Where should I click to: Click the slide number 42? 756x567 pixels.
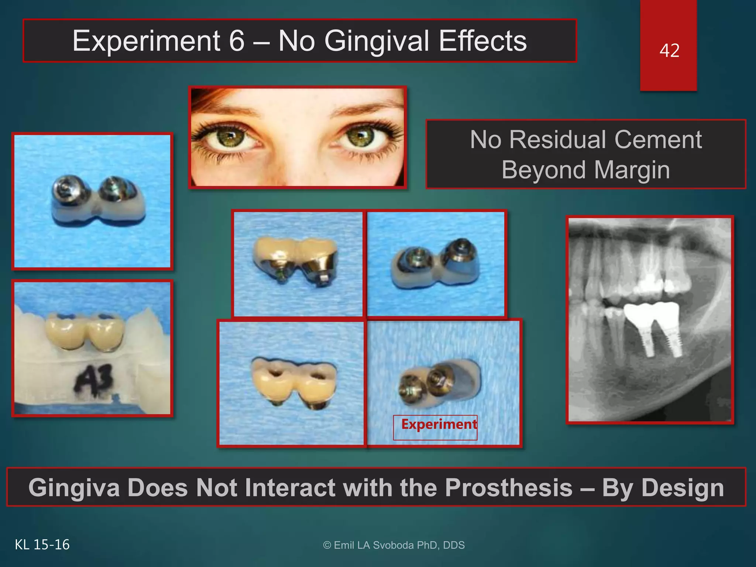[x=669, y=51]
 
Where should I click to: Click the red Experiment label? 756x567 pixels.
[x=439, y=425]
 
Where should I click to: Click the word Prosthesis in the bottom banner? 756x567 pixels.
[x=508, y=488]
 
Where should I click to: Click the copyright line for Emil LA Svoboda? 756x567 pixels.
[x=394, y=545]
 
